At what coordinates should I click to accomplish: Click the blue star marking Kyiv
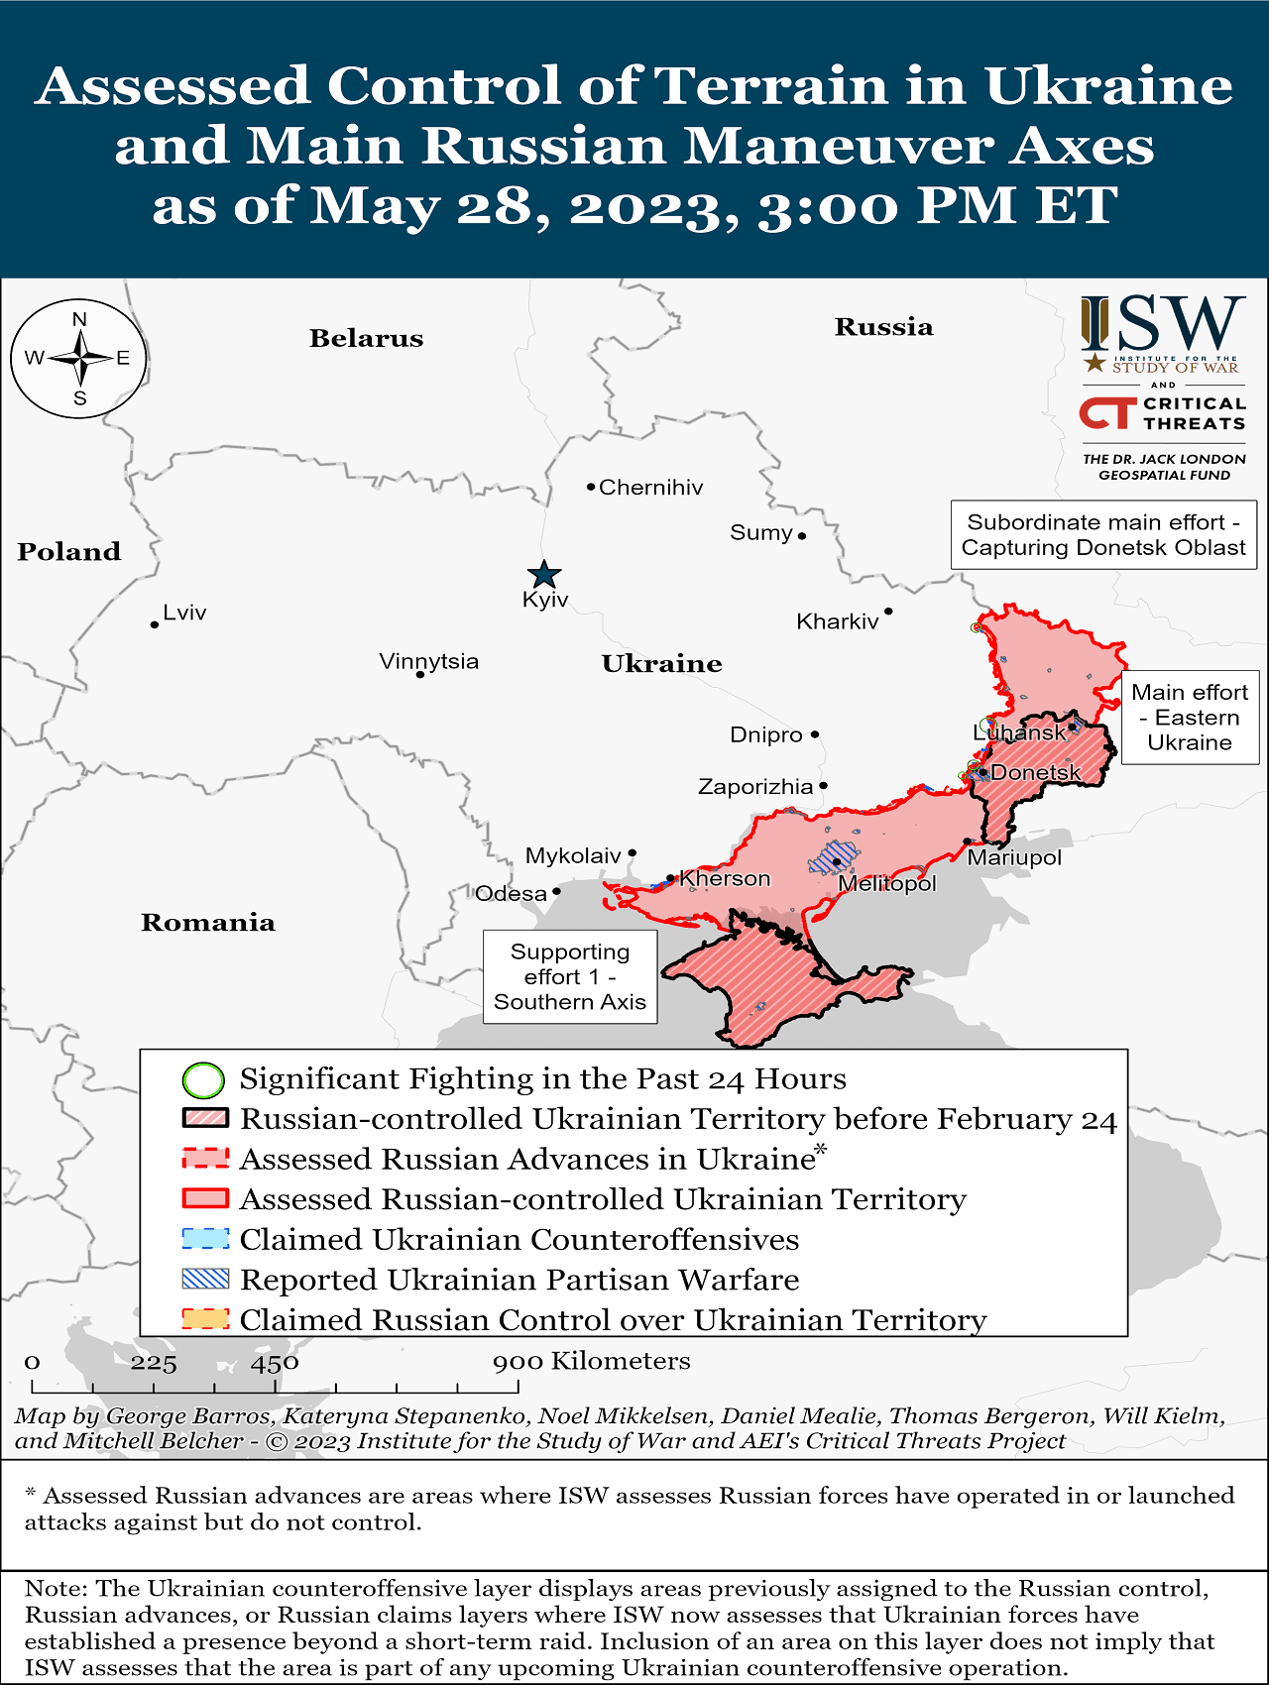coord(543,574)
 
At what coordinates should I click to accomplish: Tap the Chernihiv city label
coord(650,488)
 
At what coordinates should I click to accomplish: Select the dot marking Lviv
coord(155,624)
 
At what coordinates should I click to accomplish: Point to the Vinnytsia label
coord(428,661)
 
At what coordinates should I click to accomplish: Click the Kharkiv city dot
coord(888,612)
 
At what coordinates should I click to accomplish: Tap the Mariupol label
coord(1014,857)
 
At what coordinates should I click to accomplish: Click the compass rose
coord(79,358)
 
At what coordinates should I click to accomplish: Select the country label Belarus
coord(366,339)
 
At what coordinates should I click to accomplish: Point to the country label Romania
coord(207,923)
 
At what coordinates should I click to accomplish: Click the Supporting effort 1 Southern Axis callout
coord(570,976)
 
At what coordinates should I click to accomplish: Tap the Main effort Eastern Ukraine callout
coord(1190,718)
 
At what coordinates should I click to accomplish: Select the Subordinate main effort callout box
coord(1102,535)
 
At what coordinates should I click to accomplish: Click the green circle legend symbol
coord(203,1079)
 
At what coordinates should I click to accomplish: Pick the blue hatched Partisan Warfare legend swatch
coord(205,1280)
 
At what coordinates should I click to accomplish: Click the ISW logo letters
coord(1164,324)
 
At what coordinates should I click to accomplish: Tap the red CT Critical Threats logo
coord(1107,413)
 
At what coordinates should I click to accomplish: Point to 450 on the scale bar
coord(275,1363)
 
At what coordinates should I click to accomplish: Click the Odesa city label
coord(511,894)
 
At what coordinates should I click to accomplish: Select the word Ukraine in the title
coord(1107,85)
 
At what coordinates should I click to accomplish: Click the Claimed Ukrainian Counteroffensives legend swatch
coord(205,1239)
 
